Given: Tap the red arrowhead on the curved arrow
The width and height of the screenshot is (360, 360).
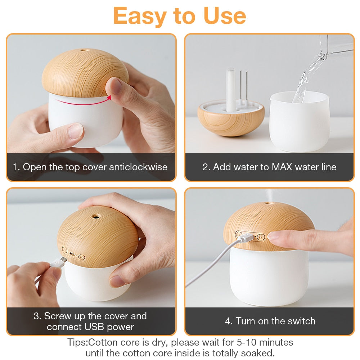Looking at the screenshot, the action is pyautogui.click(x=109, y=98).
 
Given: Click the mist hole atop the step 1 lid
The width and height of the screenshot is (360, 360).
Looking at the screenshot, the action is pyautogui.click(x=85, y=50).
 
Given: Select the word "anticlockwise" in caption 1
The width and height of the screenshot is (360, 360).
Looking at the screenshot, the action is pyautogui.click(x=138, y=167).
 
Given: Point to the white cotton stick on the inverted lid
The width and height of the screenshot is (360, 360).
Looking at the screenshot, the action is pyautogui.click(x=231, y=90).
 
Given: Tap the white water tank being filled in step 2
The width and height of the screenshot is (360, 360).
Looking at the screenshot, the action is pyautogui.click(x=300, y=121).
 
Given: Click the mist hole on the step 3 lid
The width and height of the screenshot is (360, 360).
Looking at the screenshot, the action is pyautogui.click(x=96, y=216).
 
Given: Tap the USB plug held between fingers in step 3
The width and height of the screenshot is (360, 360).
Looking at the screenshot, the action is pyautogui.click(x=58, y=262).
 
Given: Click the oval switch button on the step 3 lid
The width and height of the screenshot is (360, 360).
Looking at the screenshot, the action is pyautogui.click(x=82, y=257).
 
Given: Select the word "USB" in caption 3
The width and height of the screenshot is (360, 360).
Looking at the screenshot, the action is pyautogui.click(x=94, y=327).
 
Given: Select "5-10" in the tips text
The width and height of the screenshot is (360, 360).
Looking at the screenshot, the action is pyautogui.click(x=247, y=342).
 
